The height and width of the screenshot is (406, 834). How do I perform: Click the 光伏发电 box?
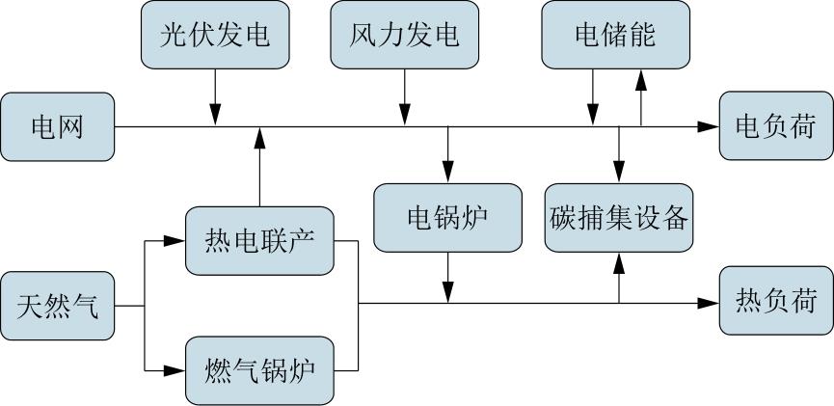214,35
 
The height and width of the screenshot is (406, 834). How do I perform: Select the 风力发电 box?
404,35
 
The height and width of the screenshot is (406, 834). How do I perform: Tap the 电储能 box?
615,35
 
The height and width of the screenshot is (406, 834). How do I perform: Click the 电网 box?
57,126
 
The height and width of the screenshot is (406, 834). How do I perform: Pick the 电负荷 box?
775,126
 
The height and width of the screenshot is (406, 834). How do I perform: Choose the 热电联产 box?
259,240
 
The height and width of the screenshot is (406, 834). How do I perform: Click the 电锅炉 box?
447,217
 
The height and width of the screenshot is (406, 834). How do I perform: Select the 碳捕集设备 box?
619,217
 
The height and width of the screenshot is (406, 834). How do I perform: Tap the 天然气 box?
57,306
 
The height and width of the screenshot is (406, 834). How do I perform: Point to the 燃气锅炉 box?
259,370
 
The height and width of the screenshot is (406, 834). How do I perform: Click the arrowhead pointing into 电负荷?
711,126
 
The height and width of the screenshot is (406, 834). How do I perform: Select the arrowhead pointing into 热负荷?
711,303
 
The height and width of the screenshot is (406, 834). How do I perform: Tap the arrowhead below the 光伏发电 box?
214,117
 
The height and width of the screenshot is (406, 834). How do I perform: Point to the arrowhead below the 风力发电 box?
404,117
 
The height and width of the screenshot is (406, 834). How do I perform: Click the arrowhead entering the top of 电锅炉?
447,174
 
